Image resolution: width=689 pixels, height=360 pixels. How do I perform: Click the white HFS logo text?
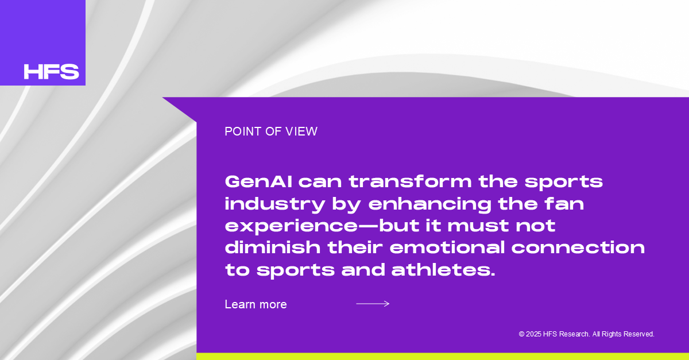51,71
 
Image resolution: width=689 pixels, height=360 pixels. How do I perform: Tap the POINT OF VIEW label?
271,131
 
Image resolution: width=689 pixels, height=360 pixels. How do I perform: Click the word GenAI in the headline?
259,181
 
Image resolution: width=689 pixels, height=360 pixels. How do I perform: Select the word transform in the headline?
411,181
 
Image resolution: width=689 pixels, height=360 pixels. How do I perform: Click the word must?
478,226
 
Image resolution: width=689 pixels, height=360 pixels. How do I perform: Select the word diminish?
273,247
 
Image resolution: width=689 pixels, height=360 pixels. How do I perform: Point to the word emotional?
447,247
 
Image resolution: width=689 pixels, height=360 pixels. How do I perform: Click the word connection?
578,248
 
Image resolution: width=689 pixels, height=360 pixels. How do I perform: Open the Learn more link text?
256,304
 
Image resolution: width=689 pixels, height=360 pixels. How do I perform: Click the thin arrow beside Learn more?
373,304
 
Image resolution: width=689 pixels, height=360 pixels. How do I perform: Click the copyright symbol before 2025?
521,334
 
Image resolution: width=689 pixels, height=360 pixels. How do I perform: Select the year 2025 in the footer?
533,334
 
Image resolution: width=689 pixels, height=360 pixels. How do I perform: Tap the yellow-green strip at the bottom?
443,357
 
